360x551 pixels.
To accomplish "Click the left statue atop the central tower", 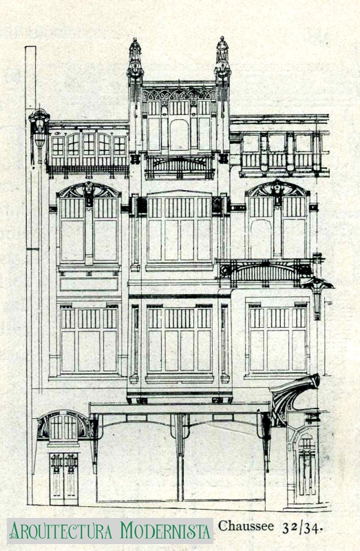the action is pyautogui.click(x=135, y=50).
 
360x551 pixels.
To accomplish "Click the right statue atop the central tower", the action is pyautogui.click(x=222, y=49).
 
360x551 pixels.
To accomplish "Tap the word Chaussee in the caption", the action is pyautogui.click(x=246, y=526).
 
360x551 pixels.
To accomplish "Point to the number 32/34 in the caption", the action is pyautogui.click(x=302, y=528).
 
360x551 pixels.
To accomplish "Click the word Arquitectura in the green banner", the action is pyautogui.click(x=62, y=530).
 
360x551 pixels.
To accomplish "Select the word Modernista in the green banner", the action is pyautogui.click(x=165, y=530).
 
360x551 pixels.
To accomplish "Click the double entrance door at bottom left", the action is pyautogui.click(x=63, y=479).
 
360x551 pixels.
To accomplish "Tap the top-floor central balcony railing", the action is pyautogui.click(x=180, y=167).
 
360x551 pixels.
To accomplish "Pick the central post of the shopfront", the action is pyautogui.click(x=180, y=457).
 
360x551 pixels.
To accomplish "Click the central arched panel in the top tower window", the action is pyautogui.click(x=179, y=135).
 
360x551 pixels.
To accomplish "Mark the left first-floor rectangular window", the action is pyautogui.click(x=89, y=339).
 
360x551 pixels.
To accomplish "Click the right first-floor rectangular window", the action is pyautogui.click(x=277, y=338).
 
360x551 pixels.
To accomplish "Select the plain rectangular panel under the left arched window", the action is pyautogui.click(x=89, y=284).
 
